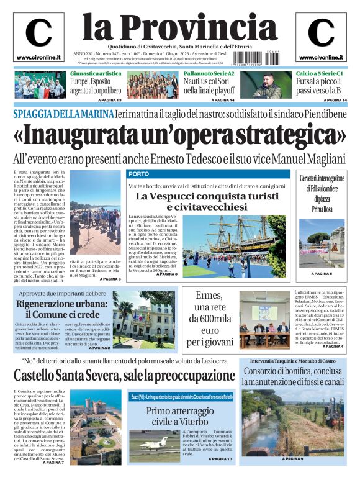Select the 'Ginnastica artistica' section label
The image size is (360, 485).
[96, 73]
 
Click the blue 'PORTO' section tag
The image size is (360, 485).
[138, 173]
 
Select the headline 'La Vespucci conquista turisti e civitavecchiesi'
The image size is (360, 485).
[209, 201]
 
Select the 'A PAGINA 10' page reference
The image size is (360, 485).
[222, 459]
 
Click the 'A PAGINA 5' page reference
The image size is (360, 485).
[322, 273]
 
